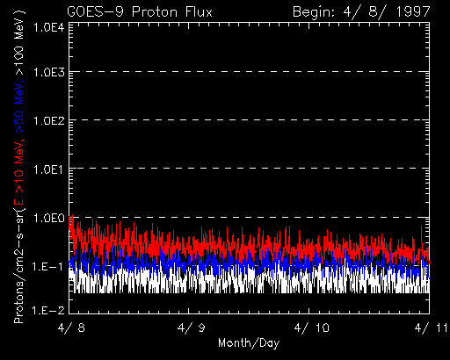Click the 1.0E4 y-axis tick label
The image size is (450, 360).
point(49,28)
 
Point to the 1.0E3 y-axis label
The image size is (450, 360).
point(49,72)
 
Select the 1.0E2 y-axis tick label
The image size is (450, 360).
point(49,120)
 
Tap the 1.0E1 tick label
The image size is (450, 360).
point(49,169)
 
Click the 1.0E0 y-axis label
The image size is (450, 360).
point(49,218)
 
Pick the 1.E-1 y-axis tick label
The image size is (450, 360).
point(48,266)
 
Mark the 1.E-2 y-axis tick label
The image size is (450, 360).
point(48,310)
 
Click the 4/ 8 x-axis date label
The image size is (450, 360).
point(71,328)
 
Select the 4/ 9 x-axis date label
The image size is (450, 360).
point(192,328)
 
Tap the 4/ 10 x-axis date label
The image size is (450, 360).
point(312,328)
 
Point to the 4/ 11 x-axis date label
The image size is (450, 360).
point(432,328)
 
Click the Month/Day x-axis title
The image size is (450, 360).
point(249,343)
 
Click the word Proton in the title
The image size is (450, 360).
point(155,12)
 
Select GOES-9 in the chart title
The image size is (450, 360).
point(95,12)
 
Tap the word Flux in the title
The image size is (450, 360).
point(199,12)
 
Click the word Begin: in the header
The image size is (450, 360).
point(314,12)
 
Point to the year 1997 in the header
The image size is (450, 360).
point(413,12)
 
